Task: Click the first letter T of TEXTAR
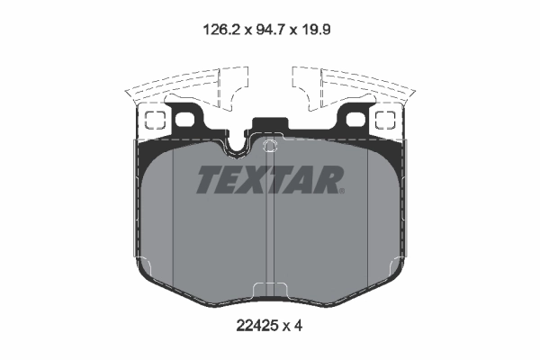pyautogui.click(x=208, y=180)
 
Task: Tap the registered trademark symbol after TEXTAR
pyautogui.click(x=341, y=190)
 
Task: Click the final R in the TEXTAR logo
pyautogui.click(x=326, y=180)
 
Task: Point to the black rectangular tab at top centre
pyautogui.click(x=269, y=127)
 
